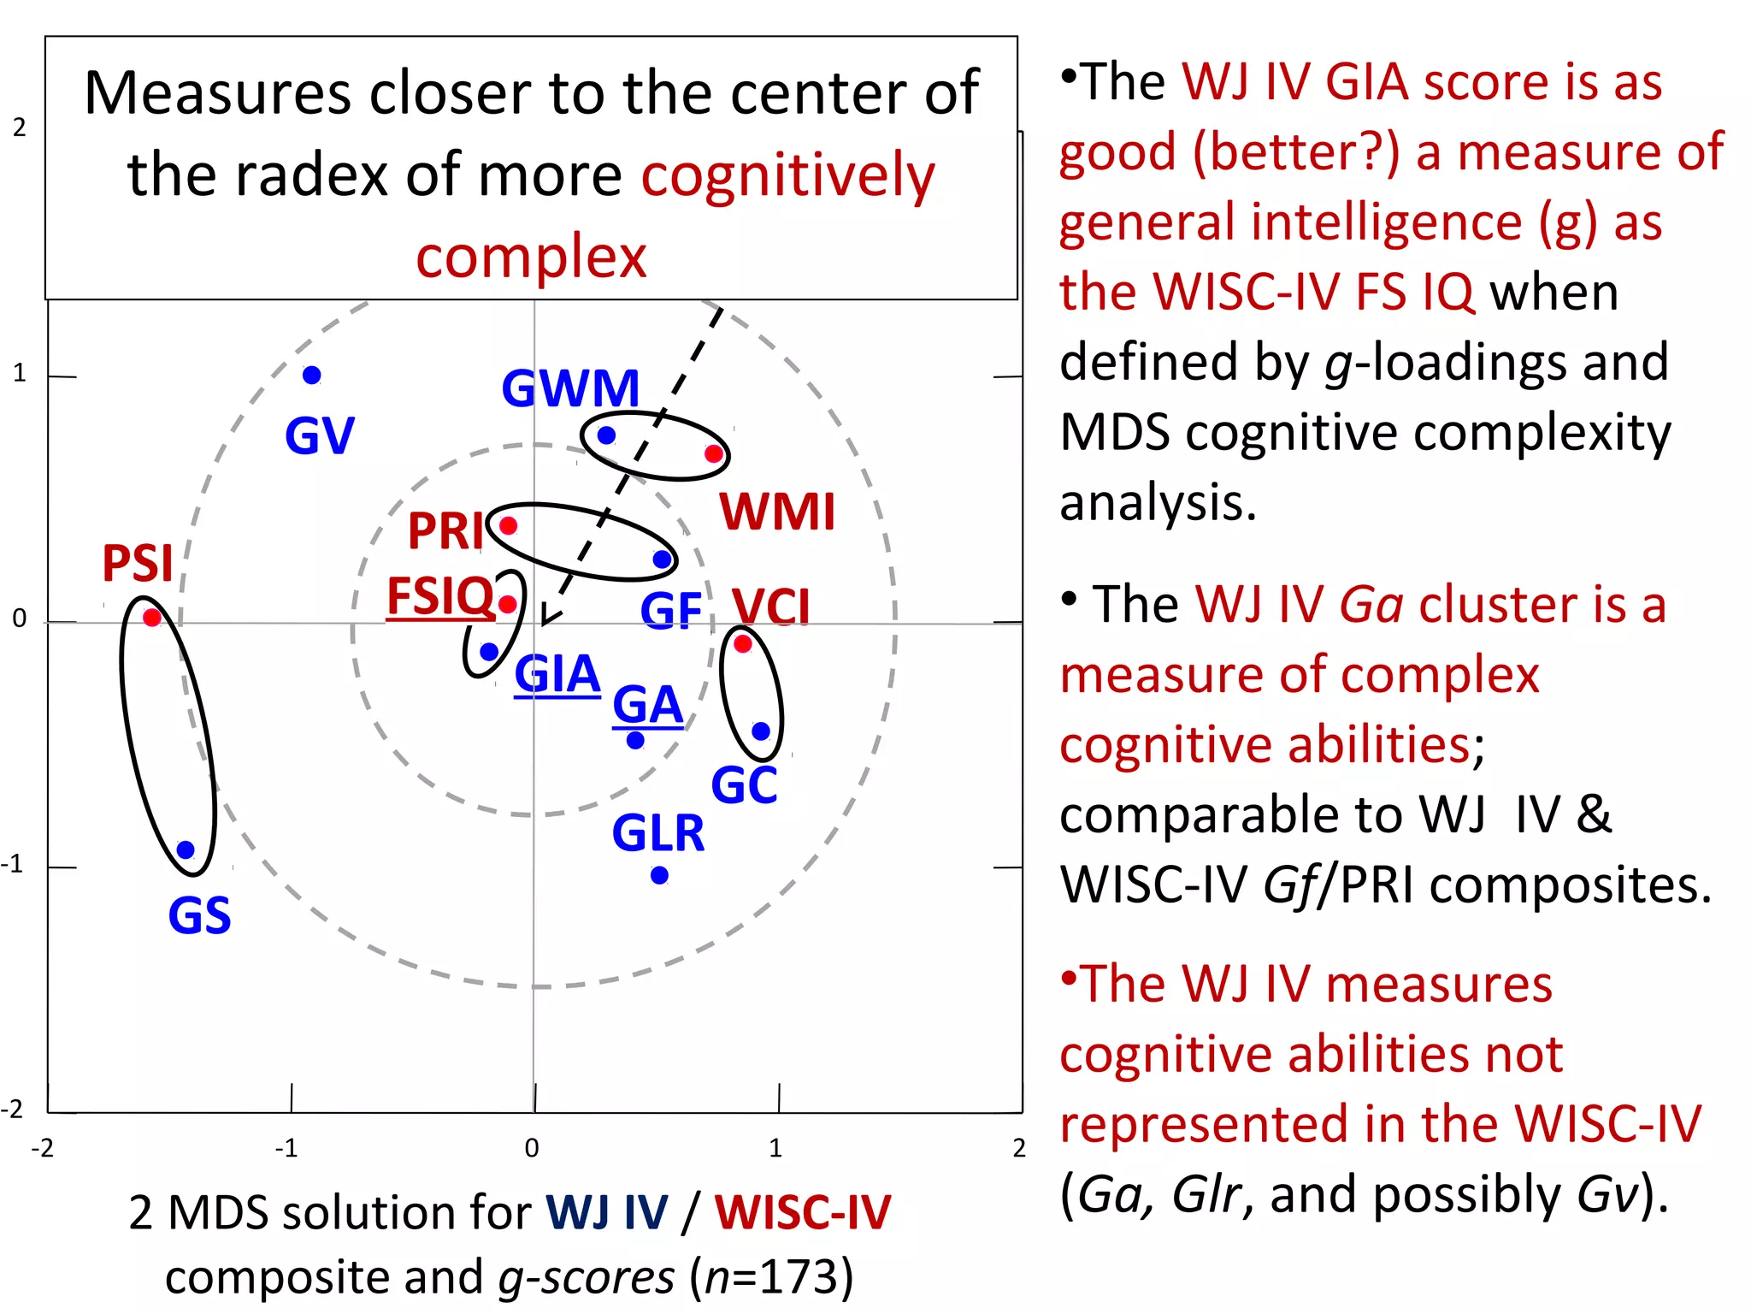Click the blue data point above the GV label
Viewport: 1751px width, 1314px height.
coord(312,375)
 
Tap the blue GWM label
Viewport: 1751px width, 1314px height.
coord(570,388)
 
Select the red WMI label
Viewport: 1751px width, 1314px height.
coord(776,512)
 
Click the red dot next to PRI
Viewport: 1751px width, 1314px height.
coord(508,525)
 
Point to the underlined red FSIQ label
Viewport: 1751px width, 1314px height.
coord(440,595)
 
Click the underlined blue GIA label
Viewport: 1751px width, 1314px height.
coord(557,674)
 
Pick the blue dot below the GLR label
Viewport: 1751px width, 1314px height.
coord(659,875)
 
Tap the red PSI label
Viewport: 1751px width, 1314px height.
coord(138,563)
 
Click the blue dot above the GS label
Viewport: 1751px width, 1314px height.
coord(186,849)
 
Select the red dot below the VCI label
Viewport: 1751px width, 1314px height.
coord(742,643)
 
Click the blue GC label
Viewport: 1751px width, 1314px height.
coord(744,785)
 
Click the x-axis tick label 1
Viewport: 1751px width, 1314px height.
coord(775,1148)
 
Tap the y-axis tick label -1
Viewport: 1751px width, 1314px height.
coord(13,864)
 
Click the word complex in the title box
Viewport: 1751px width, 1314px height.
coord(531,256)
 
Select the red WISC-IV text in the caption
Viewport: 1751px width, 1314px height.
coord(802,1212)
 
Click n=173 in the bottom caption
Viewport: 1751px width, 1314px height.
coord(772,1277)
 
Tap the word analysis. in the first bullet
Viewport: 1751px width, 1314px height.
coord(1158,501)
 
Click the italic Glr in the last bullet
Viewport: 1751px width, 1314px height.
coord(1206,1193)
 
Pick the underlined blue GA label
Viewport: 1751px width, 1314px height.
coord(647,706)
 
